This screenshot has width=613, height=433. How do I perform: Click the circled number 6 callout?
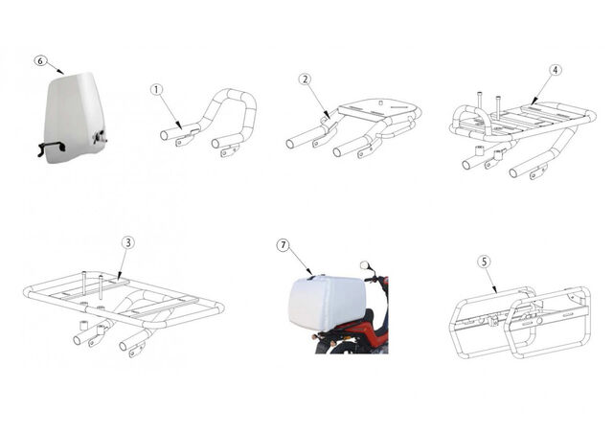[x=40, y=60]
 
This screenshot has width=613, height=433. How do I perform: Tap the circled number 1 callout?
[x=156, y=90]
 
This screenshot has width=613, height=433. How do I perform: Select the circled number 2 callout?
[x=306, y=80]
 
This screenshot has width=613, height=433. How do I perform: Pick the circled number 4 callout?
[x=556, y=70]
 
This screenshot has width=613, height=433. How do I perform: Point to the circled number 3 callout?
[x=127, y=243]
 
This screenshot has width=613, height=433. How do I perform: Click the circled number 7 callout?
[x=284, y=245]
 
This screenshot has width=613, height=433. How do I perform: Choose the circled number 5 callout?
[x=485, y=262]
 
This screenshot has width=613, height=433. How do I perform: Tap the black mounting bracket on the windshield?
[x=51, y=148]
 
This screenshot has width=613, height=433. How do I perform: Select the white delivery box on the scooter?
[x=327, y=302]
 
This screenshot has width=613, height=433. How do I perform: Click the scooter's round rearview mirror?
[x=364, y=265]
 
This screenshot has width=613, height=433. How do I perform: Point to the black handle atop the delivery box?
[x=311, y=278]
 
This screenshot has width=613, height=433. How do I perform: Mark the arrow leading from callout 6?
[x=56, y=67]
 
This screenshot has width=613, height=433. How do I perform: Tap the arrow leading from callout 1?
[x=170, y=111]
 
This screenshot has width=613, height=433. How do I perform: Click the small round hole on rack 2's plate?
[x=379, y=103]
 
